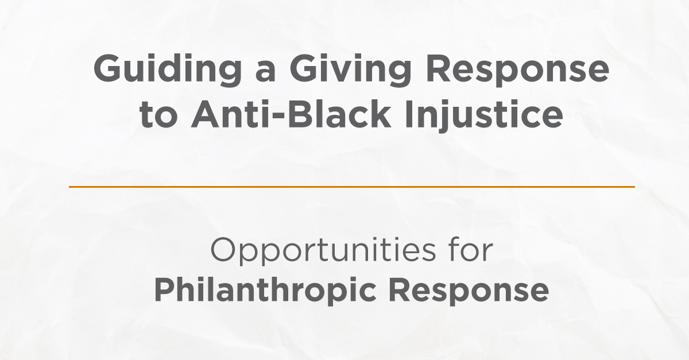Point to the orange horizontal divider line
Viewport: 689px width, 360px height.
click(x=351, y=187)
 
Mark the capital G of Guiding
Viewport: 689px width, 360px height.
click(x=106, y=69)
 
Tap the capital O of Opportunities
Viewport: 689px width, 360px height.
click(x=224, y=250)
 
